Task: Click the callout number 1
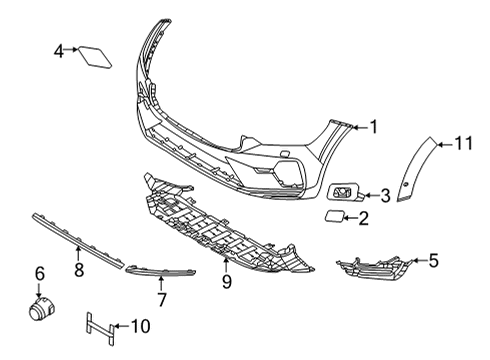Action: pos(373,126)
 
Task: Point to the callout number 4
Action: pos(60,49)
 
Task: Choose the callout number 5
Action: pos(434,262)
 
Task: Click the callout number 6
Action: pos(40,273)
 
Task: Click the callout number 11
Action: pos(463,145)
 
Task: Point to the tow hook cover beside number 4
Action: pos(95,52)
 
